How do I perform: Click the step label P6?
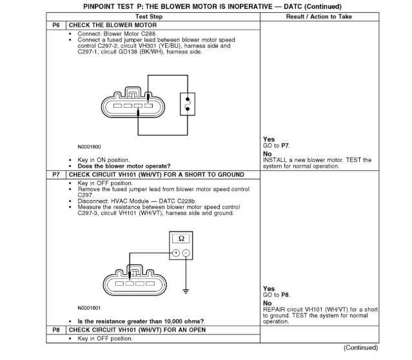tap(57, 24)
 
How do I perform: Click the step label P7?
tap(57, 175)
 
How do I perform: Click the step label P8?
tap(57, 330)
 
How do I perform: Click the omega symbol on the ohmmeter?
tap(181, 239)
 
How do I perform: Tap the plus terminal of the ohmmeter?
tap(176, 252)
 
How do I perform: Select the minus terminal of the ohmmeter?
tap(186, 252)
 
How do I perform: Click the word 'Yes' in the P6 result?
tap(268, 139)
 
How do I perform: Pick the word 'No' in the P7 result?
tap(267, 303)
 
